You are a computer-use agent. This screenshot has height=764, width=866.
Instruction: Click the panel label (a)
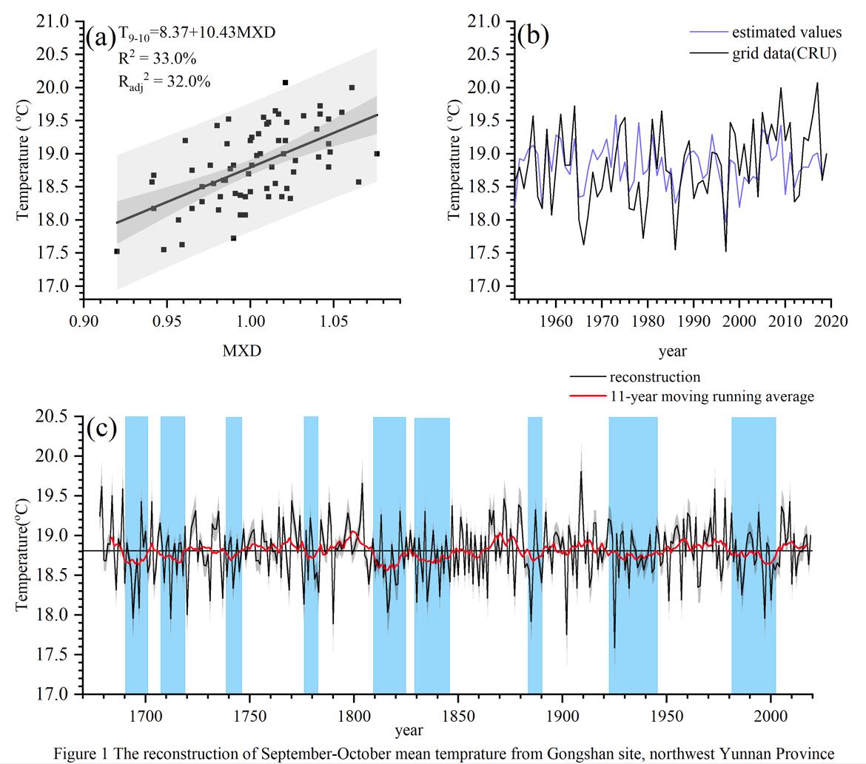click(x=101, y=36)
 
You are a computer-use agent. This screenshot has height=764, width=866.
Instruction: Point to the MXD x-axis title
click(x=241, y=351)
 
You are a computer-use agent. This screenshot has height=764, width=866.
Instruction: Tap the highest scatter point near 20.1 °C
click(x=285, y=83)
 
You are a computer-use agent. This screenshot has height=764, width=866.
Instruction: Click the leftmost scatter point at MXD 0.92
click(x=117, y=251)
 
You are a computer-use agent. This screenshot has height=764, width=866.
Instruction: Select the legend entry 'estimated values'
click(x=786, y=33)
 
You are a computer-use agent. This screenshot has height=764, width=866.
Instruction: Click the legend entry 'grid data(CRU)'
click(x=784, y=53)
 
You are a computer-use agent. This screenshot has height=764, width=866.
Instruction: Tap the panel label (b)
click(x=533, y=36)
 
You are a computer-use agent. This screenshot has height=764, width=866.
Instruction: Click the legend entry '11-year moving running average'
click(x=711, y=396)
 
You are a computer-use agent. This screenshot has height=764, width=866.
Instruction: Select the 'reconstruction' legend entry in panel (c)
click(x=654, y=377)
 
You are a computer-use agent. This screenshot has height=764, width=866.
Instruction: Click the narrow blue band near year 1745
click(x=234, y=555)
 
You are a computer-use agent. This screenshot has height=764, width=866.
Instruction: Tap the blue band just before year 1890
click(x=534, y=555)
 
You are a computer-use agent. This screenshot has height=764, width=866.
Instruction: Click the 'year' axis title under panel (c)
click(x=409, y=731)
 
